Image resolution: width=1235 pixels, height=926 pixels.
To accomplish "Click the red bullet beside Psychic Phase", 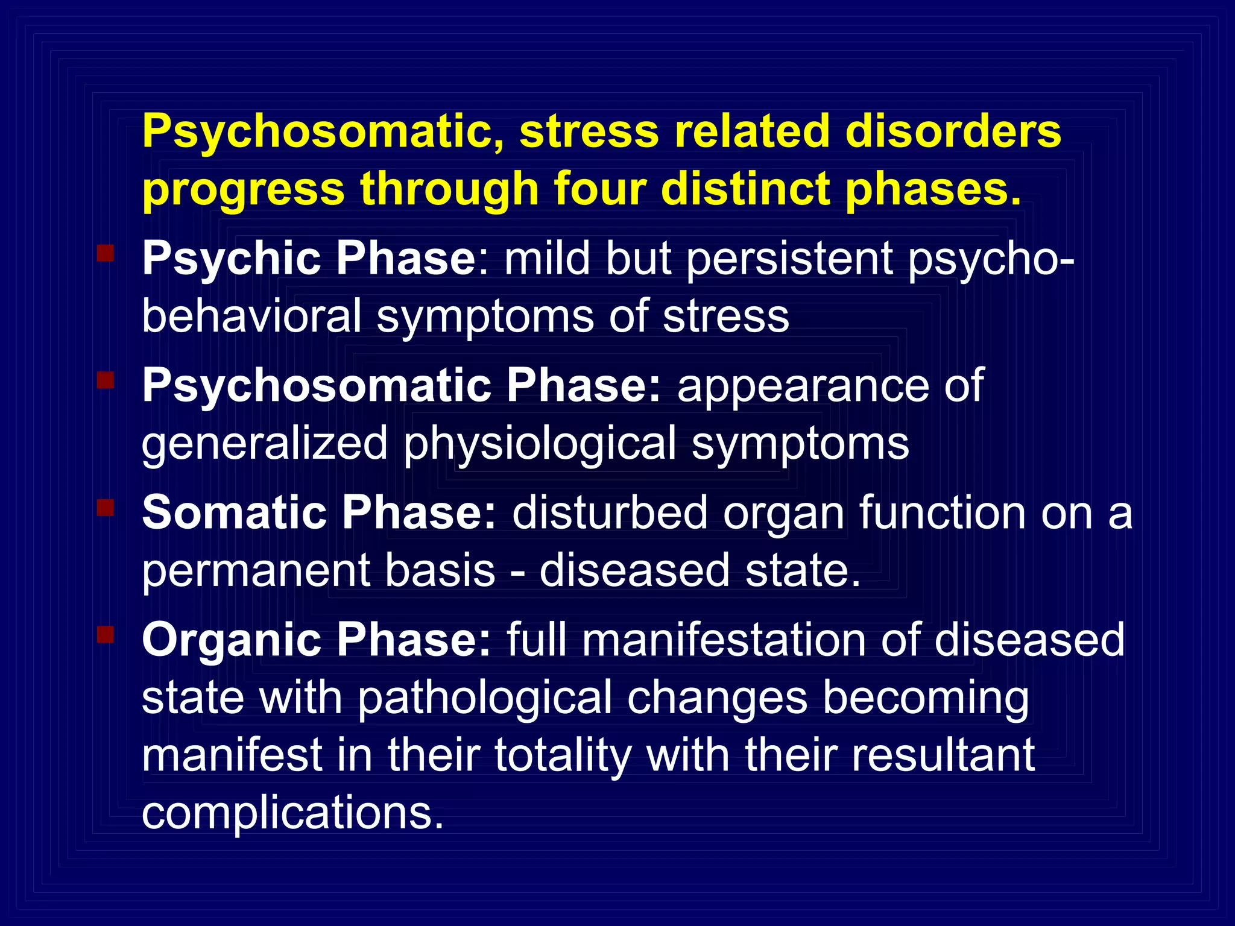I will (x=106, y=253).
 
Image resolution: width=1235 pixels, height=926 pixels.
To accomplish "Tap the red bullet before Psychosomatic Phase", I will (x=106, y=380).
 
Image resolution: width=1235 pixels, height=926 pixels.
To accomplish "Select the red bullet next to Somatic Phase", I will (x=106, y=507).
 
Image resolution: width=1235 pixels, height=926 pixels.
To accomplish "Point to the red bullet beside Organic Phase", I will (x=106, y=634).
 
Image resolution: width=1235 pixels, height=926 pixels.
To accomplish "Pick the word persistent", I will (x=789, y=259).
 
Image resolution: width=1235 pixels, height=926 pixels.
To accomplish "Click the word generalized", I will (x=265, y=444).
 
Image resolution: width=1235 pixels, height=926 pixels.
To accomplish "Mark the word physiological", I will (x=540, y=444).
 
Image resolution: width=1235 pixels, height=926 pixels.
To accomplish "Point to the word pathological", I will (x=485, y=698).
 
